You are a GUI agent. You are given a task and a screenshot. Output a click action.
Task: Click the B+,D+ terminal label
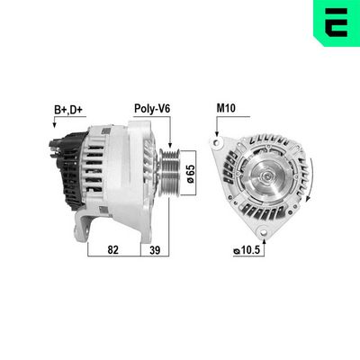pos(67,109)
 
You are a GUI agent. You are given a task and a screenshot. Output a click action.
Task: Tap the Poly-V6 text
pos(152,109)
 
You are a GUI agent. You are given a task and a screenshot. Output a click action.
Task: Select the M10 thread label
pos(226,109)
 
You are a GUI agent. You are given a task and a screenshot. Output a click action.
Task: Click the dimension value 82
pos(112,251)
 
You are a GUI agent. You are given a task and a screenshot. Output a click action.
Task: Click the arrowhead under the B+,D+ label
pos(55,129)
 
